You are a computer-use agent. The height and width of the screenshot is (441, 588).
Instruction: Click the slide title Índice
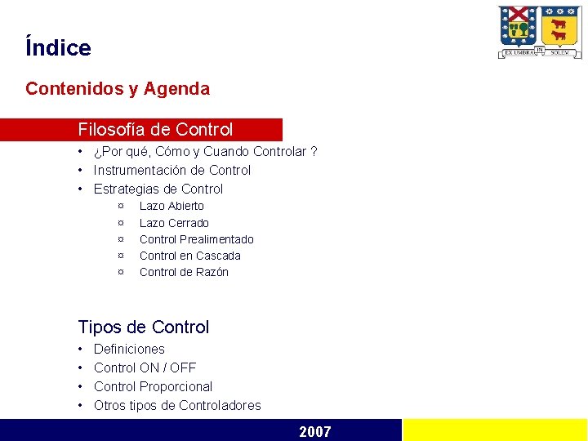(x=58, y=47)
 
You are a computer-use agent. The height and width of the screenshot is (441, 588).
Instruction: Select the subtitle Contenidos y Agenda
(x=118, y=88)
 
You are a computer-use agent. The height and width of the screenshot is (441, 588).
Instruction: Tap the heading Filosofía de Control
(x=155, y=130)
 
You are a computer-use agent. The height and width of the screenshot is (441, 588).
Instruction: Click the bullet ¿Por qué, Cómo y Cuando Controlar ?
(x=205, y=151)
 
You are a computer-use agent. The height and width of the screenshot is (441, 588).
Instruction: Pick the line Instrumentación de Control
(x=172, y=170)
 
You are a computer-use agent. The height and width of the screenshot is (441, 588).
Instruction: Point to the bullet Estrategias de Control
(x=158, y=189)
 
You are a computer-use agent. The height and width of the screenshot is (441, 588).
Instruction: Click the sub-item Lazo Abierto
(x=171, y=206)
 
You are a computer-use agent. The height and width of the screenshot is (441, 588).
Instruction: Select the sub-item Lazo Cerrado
(x=174, y=223)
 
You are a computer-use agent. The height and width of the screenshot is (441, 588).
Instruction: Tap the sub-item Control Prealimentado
(x=196, y=239)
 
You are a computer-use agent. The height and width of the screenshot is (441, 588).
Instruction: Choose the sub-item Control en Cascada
(x=189, y=256)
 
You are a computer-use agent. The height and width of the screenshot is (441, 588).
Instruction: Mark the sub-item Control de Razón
(x=184, y=272)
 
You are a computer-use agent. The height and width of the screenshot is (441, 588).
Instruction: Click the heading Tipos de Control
(x=144, y=327)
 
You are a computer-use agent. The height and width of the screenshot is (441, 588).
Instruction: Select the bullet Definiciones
(x=129, y=349)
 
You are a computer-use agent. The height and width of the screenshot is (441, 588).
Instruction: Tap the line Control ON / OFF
(x=145, y=367)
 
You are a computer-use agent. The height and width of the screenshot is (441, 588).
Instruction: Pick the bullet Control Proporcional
(x=153, y=386)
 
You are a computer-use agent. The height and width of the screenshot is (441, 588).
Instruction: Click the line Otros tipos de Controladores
(x=177, y=405)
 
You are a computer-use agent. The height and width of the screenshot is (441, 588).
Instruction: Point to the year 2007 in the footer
(x=315, y=431)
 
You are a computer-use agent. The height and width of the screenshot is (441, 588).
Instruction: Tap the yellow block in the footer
(x=495, y=430)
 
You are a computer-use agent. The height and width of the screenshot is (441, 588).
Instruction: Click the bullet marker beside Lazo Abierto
(x=121, y=206)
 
